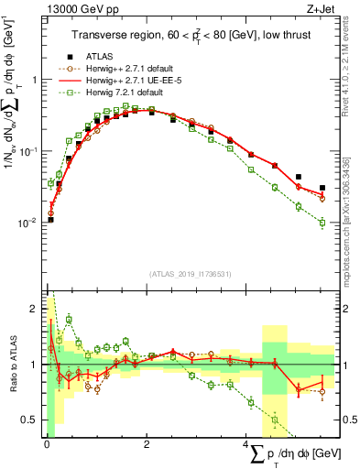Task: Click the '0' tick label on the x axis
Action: pyautogui.click(x=47, y=442)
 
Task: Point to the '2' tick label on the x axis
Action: pyautogui.click(x=147, y=442)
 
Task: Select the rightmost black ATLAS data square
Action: pyautogui.click(x=322, y=188)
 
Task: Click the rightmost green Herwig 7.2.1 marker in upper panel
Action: pyautogui.click(x=322, y=223)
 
